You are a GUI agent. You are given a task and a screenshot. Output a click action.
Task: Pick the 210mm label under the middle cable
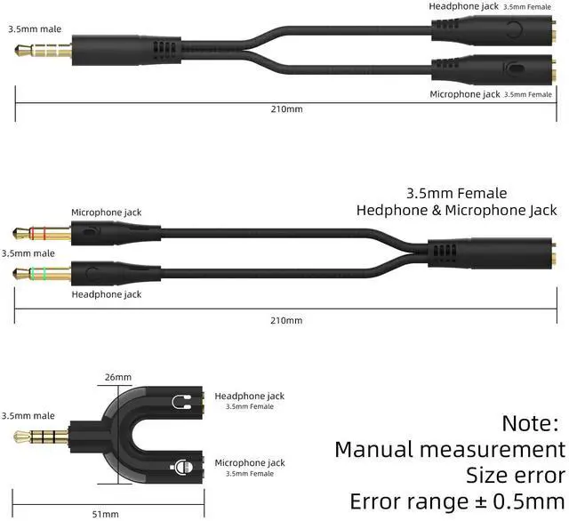tap(287, 320)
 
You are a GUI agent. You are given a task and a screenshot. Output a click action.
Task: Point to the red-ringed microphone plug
tap(36, 235)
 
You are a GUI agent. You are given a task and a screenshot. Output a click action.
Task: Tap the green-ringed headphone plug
tap(36, 271)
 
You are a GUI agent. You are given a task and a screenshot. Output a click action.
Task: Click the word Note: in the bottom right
tap(532, 422)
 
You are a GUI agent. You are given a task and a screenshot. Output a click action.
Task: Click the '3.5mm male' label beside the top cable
tap(36, 28)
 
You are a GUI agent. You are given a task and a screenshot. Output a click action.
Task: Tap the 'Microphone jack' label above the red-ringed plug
tap(106, 212)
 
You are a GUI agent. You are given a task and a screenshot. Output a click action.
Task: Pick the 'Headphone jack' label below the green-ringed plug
tap(106, 294)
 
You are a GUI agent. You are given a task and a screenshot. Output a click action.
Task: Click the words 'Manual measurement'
tap(449, 448)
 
